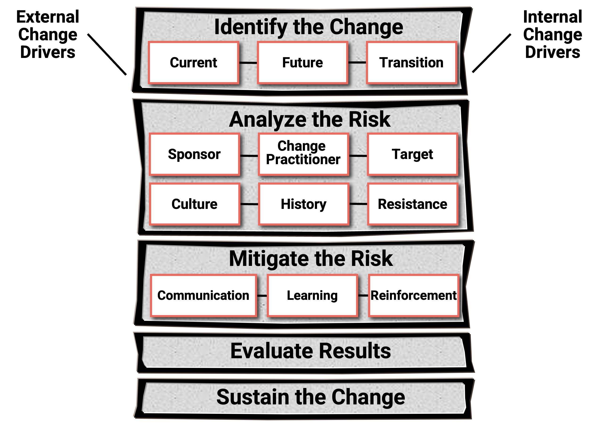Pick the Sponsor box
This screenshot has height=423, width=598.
[x=195, y=154]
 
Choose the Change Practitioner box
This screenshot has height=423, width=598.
[x=304, y=154]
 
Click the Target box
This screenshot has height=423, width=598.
[x=413, y=154]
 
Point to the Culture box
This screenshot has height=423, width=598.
[x=195, y=204]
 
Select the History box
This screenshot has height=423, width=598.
[x=304, y=204]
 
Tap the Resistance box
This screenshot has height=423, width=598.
[x=413, y=204]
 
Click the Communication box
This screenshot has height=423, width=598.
[x=203, y=296]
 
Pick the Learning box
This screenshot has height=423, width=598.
[x=313, y=296]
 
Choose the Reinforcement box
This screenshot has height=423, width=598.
[x=414, y=296]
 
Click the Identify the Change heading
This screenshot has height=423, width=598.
[x=309, y=27]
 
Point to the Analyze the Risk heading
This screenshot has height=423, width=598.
[x=310, y=120]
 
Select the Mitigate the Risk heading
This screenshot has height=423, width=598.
[x=311, y=259]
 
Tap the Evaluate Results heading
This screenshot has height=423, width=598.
[x=311, y=351]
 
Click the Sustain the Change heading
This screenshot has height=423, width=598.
[x=311, y=397]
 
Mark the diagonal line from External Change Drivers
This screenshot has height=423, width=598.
[x=107, y=54]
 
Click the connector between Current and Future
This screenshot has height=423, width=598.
[x=248, y=63]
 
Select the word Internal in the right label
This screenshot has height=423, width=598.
[x=553, y=17]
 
